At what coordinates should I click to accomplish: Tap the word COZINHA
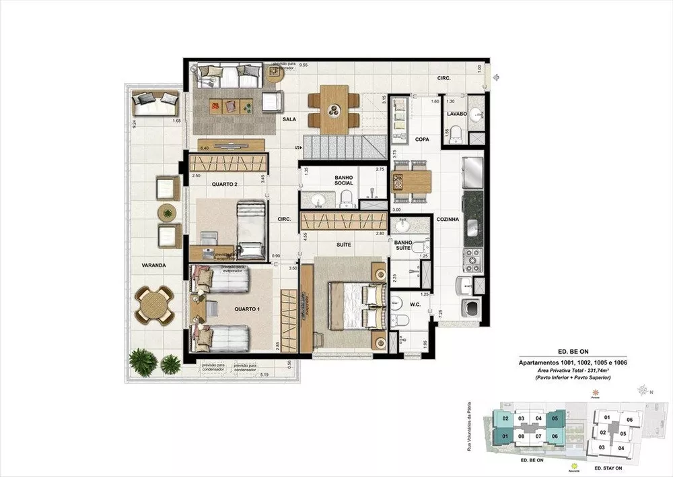pyautogui.click(x=447, y=220)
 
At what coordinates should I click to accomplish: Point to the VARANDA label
pyautogui.click(x=153, y=265)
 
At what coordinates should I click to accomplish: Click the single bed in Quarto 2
pyautogui.click(x=251, y=229)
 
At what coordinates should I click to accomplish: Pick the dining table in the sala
pyautogui.click(x=334, y=109)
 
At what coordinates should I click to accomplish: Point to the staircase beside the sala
pyautogui.click(x=343, y=146)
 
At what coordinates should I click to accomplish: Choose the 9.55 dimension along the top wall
pyautogui.click(x=304, y=66)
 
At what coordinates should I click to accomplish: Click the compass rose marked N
pyautogui.click(x=646, y=390)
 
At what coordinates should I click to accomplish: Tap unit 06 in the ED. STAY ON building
pyautogui.click(x=629, y=420)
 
